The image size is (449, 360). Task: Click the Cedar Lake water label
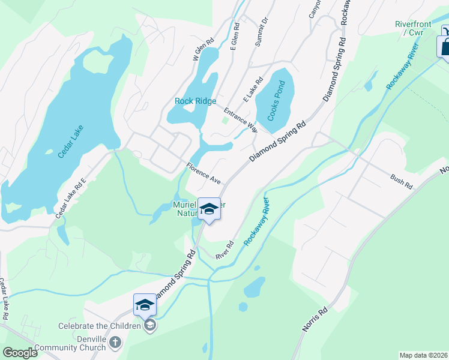(x=70, y=142)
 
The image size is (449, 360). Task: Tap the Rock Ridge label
(x=195, y=101)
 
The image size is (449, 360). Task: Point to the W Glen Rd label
(x=203, y=50)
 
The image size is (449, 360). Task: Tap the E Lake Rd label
(x=253, y=89)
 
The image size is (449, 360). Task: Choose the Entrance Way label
(x=241, y=120)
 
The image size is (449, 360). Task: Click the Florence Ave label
(x=203, y=173)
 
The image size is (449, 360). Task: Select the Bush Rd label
(x=401, y=182)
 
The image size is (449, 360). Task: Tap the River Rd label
(x=225, y=250)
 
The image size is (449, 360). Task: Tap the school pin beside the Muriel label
(x=209, y=209)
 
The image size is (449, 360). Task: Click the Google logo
(x=20, y=353)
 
